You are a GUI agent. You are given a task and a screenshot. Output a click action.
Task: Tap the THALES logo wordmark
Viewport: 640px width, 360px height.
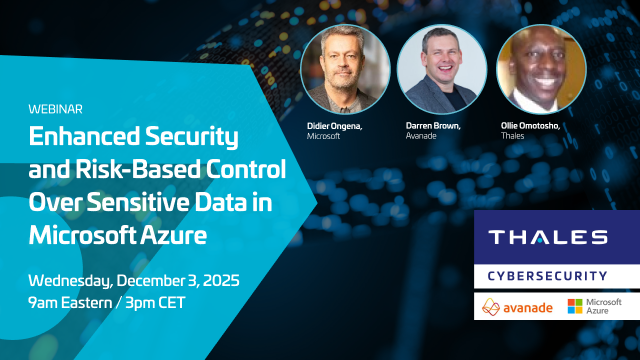click(x=547, y=237)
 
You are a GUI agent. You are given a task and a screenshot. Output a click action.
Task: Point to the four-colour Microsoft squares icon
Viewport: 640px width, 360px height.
click(x=574, y=306)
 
